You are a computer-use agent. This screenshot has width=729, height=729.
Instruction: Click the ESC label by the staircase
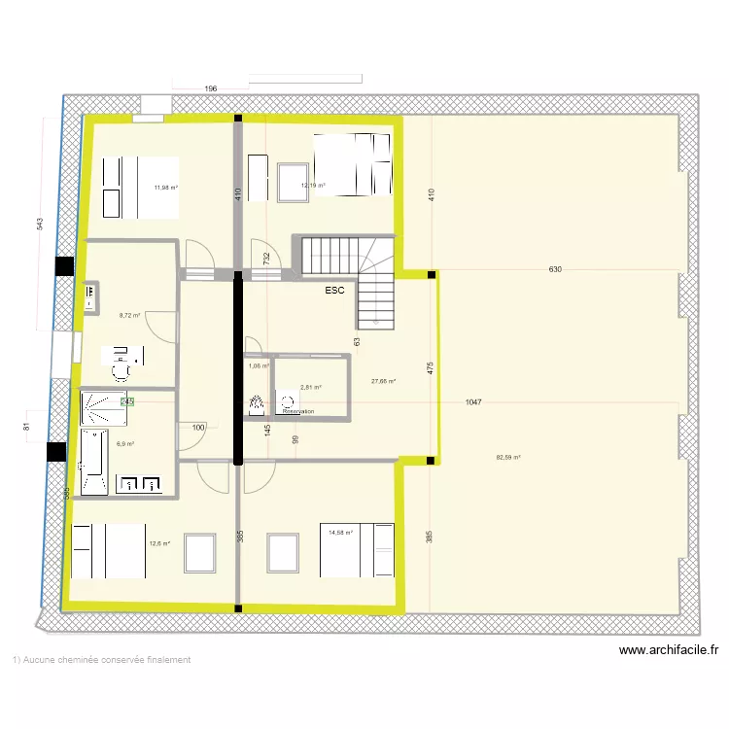point(335,290)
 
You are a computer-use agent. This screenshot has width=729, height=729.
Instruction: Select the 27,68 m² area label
point(384,381)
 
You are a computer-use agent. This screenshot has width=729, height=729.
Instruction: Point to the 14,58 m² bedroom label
point(340,532)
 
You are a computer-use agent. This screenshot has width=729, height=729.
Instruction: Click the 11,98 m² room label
point(165,188)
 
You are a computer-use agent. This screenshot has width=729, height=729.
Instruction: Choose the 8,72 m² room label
point(129,315)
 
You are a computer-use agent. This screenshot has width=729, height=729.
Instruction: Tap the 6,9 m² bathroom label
point(125,444)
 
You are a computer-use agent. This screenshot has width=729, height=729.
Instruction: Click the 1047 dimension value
point(474,401)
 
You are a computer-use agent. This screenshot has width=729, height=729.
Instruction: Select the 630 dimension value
point(555,268)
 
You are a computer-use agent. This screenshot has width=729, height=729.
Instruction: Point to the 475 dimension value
point(430,367)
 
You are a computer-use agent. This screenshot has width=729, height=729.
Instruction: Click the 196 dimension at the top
point(210,88)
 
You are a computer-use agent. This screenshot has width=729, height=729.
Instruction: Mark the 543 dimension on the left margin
point(40,225)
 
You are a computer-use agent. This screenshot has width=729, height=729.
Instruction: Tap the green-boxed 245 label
point(126,400)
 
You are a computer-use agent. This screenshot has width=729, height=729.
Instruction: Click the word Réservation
point(298,412)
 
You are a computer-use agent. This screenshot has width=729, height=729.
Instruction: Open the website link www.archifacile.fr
point(668,650)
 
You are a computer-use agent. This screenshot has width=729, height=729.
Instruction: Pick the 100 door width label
point(198,428)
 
